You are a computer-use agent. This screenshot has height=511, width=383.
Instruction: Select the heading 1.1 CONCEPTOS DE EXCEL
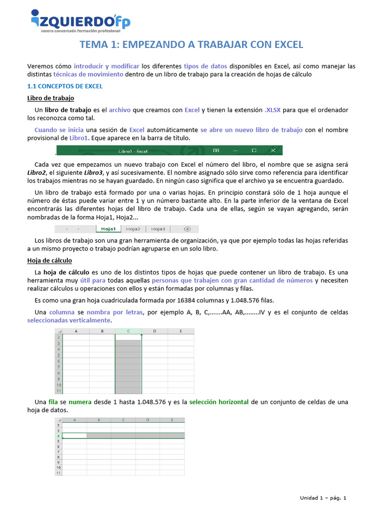pyautogui.click(x=64, y=86)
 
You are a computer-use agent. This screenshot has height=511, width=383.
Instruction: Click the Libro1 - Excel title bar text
pyautogui.click(x=133, y=150)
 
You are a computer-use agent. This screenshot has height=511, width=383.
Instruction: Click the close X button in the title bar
pyautogui.click(x=272, y=150)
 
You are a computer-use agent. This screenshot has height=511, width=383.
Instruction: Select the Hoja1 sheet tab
pyautogui.click(x=108, y=229)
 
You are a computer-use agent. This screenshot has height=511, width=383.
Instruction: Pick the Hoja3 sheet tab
pyautogui.click(x=158, y=229)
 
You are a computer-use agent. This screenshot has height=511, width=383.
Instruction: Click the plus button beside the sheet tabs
pyautogui.click(x=188, y=229)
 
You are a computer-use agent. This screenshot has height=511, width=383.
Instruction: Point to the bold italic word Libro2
pyautogui.click(x=38, y=172)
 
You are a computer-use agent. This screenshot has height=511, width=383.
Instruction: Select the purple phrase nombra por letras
pyautogui.click(x=115, y=312)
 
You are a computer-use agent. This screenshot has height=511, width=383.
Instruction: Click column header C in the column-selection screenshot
pyautogui.click(x=128, y=331)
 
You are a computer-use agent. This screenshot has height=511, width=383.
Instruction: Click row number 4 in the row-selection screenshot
pyautogui.click(x=58, y=436)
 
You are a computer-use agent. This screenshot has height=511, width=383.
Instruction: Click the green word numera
pyautogui.click(x=80, y=402)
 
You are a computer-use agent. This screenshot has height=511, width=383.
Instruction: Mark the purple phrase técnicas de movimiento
pyautogui.click(x=88, y=74)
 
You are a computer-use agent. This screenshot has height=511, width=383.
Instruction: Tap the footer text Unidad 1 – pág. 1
pyautogui.click(x=323, y=498)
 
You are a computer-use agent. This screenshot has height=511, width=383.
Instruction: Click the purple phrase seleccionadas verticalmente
pyautogui.click(x=68, y=320)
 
